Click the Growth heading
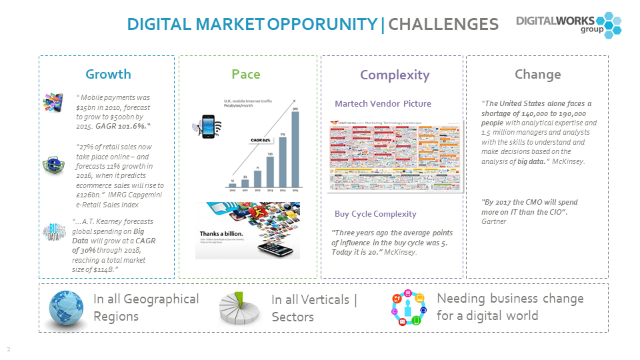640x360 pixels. (108, 74)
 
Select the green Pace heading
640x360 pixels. (245, 74)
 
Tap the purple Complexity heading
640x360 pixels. (395, 75)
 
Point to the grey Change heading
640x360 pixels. (537, 74)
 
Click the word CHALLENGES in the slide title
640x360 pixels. (443, 25)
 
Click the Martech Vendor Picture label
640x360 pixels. (383, 103)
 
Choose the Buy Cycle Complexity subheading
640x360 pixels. (375, 214)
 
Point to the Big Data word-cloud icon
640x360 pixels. (54, 232)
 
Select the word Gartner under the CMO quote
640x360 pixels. (493, 221)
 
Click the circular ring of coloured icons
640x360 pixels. (408, 309)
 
